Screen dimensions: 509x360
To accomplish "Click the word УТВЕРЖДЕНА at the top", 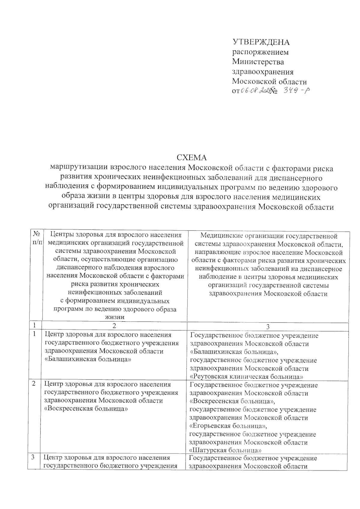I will tap(261, 42).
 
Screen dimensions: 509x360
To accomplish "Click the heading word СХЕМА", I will tap(192, 158).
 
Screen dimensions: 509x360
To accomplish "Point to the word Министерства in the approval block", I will tap(258, 62).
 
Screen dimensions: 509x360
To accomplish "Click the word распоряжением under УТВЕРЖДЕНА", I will tap(261, 52).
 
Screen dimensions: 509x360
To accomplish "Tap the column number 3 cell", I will tap(268, 326).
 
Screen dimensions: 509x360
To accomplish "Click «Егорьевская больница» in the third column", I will tap(228, 426).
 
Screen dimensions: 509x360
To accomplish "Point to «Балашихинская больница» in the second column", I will tap(88, 359).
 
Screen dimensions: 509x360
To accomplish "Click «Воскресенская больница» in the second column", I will tap(86, 409).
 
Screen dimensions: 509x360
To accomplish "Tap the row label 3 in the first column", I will tap(34, 458).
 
